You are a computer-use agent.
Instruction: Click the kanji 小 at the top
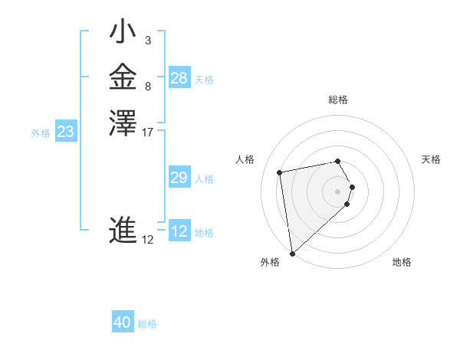click(x=123, y=34)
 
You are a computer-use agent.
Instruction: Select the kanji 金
click(x=123, y=77)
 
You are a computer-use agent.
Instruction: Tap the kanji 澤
click(x=123, y=123)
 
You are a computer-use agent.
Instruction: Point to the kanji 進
click(x=123, y=231)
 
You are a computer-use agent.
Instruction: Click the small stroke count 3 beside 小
click(x=147, y=41)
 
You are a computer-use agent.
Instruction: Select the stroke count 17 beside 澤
click(x=148, y=133)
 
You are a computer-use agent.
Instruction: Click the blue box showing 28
click(x=179, y=78)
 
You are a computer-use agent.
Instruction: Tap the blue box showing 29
click(x=179, y=178)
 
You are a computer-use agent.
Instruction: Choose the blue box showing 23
click(x=66, y=132)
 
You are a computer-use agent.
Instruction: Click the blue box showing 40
click(x=123, y=322)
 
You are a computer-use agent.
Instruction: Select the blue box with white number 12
click(x=179, y=231)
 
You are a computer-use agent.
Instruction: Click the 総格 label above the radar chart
click(x=338, y=100)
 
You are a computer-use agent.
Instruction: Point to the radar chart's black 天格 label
click(x=431, y=159)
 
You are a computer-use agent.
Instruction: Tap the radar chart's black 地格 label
click(x=402, y=262)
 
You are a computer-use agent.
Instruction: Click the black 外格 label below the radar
click(x=270, y=262)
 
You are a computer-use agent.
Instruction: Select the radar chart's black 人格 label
click(x=245, y=159)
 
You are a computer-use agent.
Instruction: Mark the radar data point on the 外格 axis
click(x=292, y=254)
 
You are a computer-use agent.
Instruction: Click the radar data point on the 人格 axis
click(x=281, y=172)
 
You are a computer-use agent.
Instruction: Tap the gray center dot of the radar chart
click(x=338, y=191)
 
